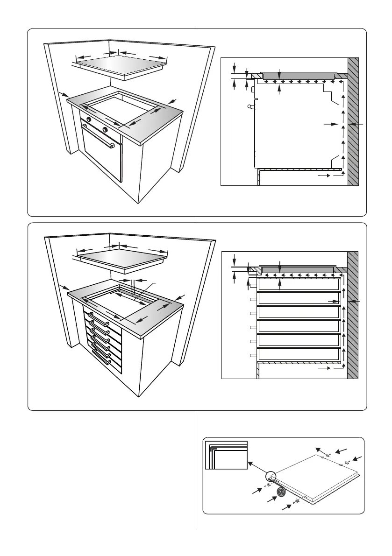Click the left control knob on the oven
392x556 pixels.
(88, 120)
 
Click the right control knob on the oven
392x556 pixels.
(106, 129)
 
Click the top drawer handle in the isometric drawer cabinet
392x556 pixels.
(99, 319)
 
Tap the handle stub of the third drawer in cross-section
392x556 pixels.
(253, 313)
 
